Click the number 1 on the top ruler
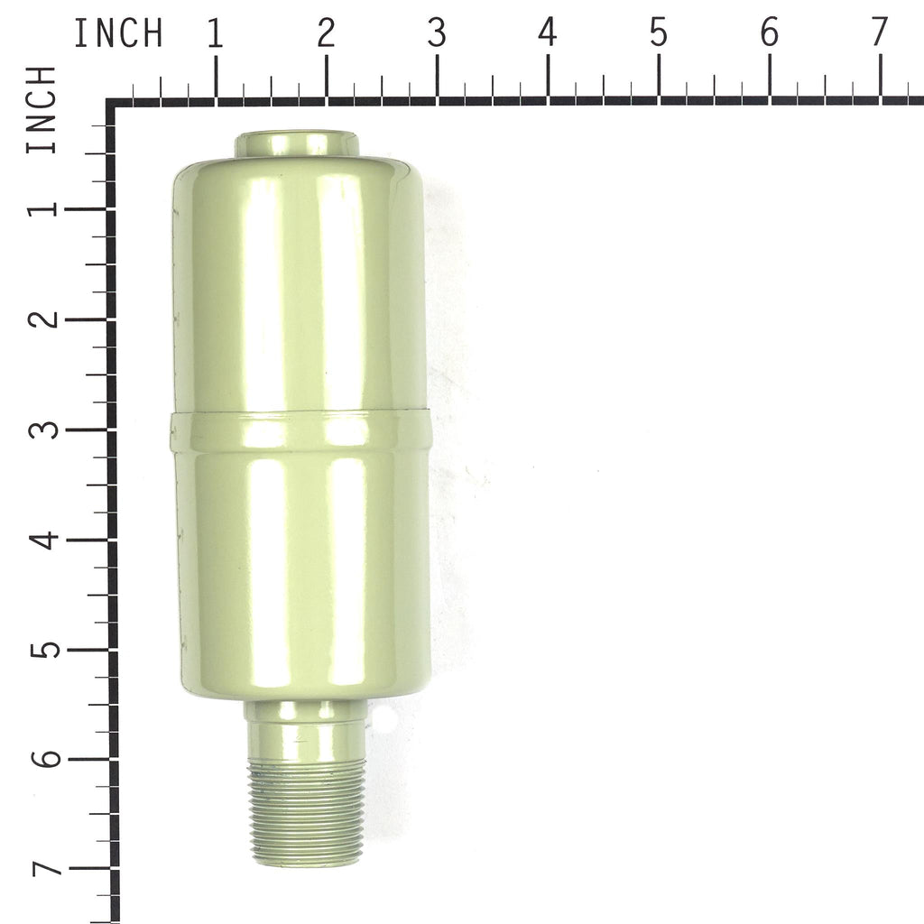click(x=216, y=33)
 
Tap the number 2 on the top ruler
click(x=326, y=33)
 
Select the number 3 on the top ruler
click(x=437, y=33)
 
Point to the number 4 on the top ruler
click(x=548, y=33)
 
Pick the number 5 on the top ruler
click(x=658, y=33)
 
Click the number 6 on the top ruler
click(x=769, y=33)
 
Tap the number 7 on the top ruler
click(x=879, y=33)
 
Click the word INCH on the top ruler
click(x=118, y=33)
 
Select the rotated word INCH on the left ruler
click(x=42, y=109)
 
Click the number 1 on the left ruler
click(x=44, y=208)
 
